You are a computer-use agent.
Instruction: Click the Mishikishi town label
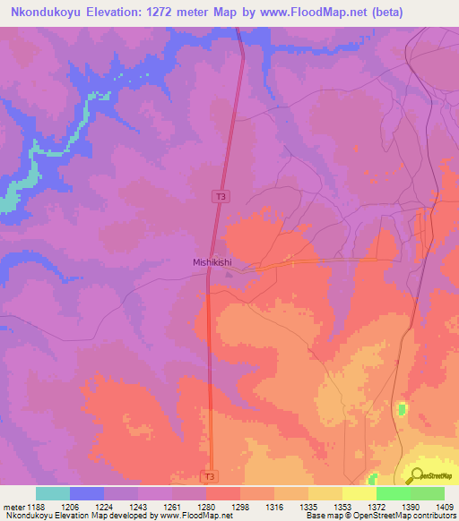click(x=213, y=262)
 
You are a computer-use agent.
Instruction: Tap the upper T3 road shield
click(x=220, y=195)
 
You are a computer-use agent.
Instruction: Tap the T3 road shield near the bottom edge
click(x=208, y=476)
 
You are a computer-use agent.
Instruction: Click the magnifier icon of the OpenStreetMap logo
click(x=416, y=475)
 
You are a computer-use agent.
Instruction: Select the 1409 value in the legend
click(x=444, y=507)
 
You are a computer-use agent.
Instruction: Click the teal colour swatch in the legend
click(x=53, y=493)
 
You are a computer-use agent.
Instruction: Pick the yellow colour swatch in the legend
click(x=359, y=493)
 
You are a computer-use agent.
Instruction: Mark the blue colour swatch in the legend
click(x=87, y=493)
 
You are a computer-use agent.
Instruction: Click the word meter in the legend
click(x=13, y=507)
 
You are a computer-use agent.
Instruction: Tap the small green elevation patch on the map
click(x=401, y=409)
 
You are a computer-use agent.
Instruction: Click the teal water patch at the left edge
click(x=7, y=203)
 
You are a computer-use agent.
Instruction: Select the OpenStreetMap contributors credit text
click(x=411, y=517)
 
